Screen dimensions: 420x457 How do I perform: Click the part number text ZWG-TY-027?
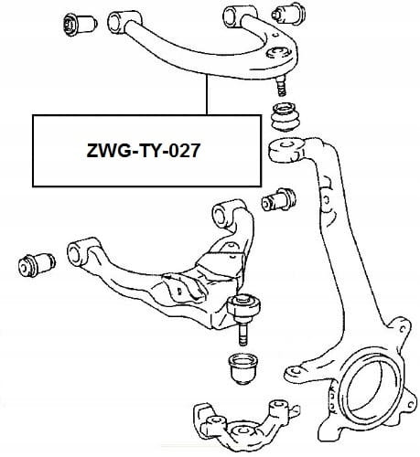[144, 151]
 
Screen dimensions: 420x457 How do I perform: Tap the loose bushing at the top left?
[80, 24]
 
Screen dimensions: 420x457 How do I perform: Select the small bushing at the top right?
[288, 14]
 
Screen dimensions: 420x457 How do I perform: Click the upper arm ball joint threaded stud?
[281, 86]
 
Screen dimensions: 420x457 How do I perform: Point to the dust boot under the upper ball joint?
[286, 118]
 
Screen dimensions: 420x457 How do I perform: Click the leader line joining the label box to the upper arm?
[207, 95]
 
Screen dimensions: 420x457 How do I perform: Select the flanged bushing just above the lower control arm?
[278, 200]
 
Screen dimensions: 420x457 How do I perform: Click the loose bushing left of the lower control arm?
[37, 265]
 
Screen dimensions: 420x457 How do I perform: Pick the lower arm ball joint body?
[244, 307]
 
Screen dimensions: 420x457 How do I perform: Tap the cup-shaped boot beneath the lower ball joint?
[243, 368]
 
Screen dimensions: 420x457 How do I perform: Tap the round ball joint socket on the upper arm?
[276, 52]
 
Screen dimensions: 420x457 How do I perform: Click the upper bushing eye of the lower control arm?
[226, 214]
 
